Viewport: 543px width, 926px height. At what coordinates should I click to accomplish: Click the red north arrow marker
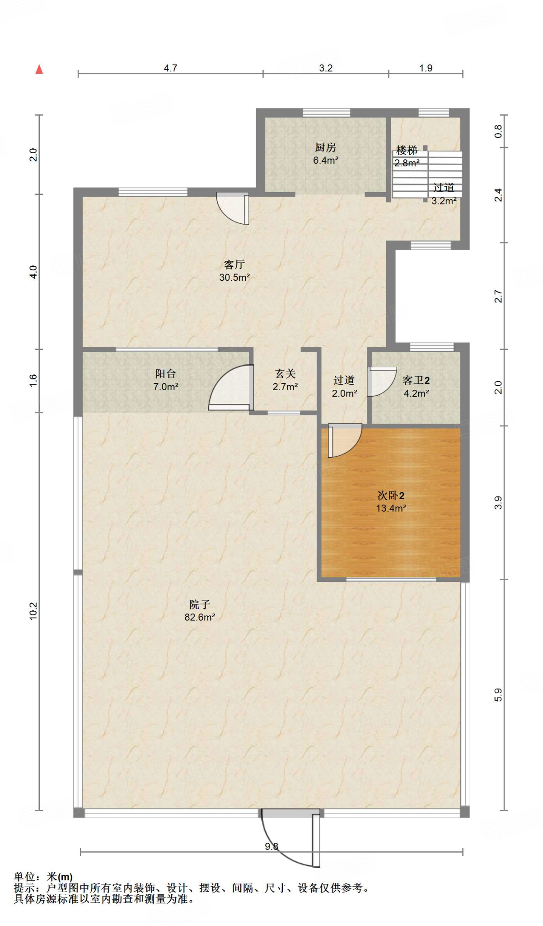[x=39, y=69]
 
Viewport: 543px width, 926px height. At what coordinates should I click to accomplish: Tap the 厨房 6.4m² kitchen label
[x=325, y=154]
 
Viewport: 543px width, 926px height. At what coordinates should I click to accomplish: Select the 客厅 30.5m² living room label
[x=234, y=271]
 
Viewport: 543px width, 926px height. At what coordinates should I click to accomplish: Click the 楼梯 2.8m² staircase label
[x=407, y=156]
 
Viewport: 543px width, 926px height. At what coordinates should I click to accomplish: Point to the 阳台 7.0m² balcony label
[x=166, y=380]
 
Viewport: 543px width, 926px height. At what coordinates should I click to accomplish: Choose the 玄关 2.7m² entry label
[x=285, y=380]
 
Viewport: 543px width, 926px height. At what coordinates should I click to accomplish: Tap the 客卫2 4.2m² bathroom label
[x=416, y=387]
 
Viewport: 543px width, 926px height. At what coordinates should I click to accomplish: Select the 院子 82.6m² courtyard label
[x=199, y=611]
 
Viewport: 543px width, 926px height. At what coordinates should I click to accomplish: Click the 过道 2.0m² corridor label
[x=344, y=387]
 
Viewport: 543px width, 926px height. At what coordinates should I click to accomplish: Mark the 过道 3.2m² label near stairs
[x=444, y=194]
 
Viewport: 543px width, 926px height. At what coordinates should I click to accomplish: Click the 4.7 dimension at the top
[x=170, y=68]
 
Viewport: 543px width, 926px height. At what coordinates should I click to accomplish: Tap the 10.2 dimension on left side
[x=34, y=611]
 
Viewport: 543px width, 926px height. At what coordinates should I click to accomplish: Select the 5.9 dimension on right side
[x=498, y=694]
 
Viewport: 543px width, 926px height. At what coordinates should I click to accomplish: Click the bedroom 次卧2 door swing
[x=344, y=439]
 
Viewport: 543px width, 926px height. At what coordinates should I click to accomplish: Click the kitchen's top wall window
[x=326, y=113]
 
